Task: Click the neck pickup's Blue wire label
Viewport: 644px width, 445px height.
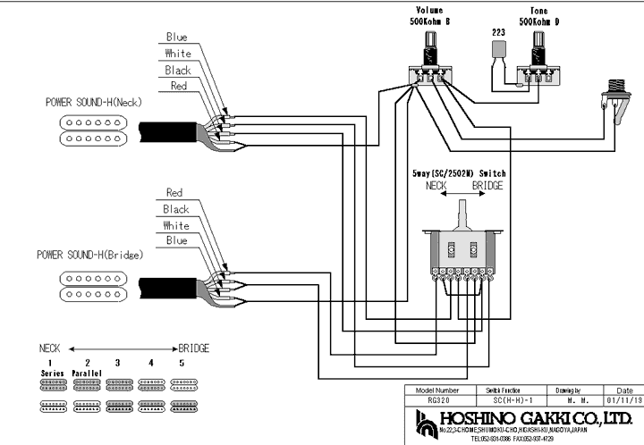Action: [175, 38]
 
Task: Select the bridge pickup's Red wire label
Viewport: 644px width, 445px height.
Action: [174, 193]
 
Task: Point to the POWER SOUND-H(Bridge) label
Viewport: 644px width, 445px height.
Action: [89, 255]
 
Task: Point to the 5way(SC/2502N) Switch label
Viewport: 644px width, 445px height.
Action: [458, 173]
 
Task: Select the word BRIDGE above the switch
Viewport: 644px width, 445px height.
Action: [487, 186]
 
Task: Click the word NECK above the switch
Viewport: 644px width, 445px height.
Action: [436, 186]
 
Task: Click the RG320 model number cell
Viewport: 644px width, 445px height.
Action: [436, 402]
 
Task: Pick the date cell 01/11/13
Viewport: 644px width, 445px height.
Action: [623, 402]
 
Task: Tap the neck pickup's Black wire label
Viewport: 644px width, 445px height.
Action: [177, 70]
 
